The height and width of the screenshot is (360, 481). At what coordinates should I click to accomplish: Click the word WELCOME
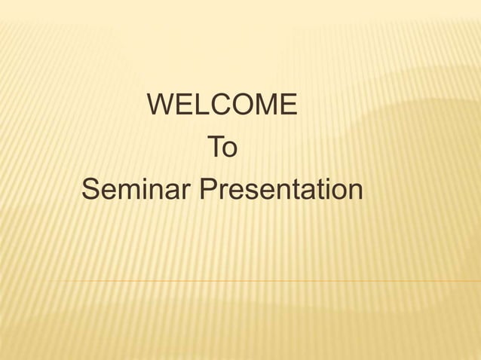pos(223,105)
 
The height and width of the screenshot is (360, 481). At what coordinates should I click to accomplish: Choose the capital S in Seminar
pos(91,190)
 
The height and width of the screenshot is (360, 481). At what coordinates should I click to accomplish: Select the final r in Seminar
pos(188,192)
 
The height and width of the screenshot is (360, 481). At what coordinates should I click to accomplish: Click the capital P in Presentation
pos(210,190)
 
